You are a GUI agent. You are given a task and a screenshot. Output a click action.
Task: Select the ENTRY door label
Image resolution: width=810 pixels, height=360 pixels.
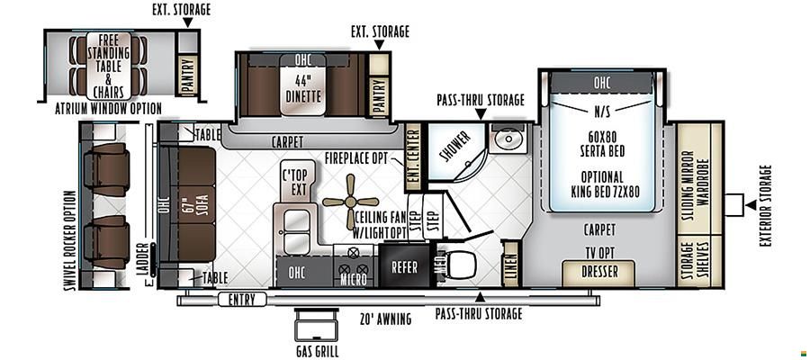click(x=242, y=299)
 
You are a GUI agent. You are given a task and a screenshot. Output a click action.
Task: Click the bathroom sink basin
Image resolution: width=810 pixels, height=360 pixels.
click(x=508, y=139)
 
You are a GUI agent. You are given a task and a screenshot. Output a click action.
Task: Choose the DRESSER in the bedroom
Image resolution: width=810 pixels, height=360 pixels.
click(x=598, y=272)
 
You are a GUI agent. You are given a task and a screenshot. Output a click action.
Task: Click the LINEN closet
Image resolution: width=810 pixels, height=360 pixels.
click(x=510, y=264)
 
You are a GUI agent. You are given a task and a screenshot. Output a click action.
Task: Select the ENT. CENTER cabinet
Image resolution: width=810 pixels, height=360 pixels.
click(x=413, y=156)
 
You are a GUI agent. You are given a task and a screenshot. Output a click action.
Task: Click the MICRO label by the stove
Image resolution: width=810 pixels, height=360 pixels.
click(x=354, y=279)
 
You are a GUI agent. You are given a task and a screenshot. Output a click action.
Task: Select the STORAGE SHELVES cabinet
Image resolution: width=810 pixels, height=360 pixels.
click(x=693, y=260)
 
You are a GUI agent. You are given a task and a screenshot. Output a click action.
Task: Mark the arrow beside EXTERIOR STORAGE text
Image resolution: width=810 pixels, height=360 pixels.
click(x=751, y=205)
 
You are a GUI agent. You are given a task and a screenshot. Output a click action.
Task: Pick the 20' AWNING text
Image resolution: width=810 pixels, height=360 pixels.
click(x=386, y=319)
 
